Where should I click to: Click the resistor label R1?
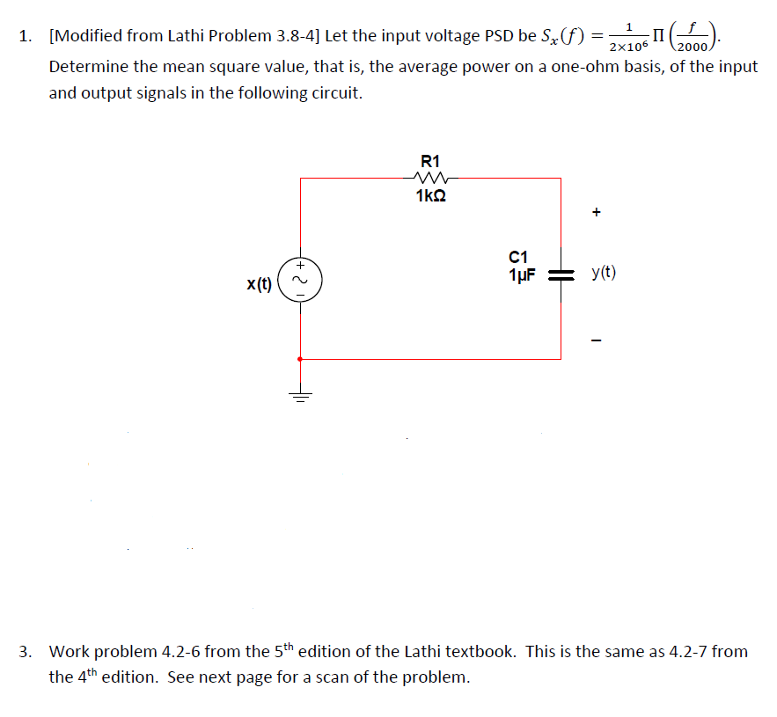tap(430, 162)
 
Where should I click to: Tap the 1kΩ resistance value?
tap(430, 195)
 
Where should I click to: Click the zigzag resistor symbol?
tap(430, 178)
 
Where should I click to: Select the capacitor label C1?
tap(518, 257)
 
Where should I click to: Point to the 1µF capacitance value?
tap(522, 274)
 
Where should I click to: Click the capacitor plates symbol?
tap(561, 275)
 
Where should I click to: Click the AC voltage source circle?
tap(300, 280)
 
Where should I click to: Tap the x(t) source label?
tap(260, 284)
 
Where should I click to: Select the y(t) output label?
tap(604, 273)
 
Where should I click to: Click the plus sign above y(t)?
tap(596, 212)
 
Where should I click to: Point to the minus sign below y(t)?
tap(596, 340)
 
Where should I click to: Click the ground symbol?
tap(300, 396)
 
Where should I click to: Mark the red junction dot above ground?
tap(300, 359)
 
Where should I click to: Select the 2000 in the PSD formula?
tap(692, 48)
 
